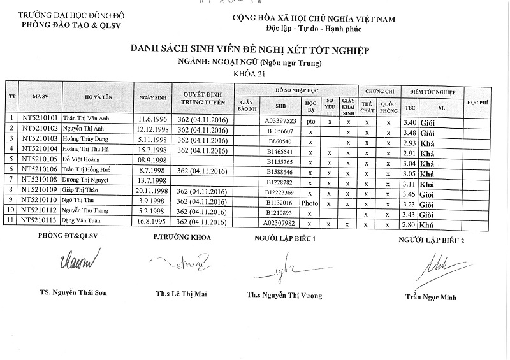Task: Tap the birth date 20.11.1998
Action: point(152,191)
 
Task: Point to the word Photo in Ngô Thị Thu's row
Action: point(310,202)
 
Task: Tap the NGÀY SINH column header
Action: point(152,97)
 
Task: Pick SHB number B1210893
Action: point(280,212)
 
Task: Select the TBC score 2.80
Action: point(410,222)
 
